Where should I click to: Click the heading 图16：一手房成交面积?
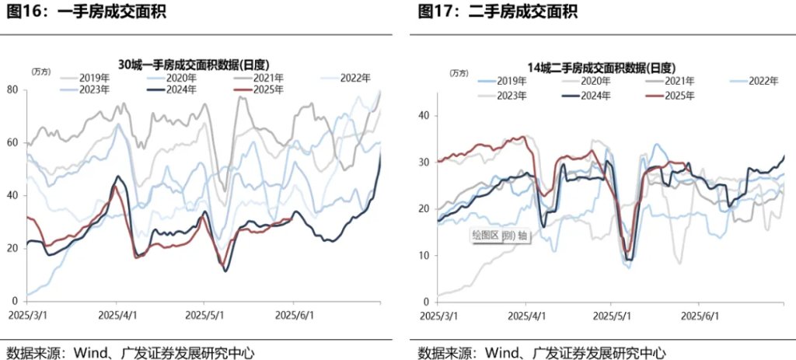point(86,12)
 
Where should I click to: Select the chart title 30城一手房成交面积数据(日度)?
point(198,65)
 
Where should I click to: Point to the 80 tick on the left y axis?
point(12,89)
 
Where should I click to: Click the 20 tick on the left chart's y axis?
point(12,248)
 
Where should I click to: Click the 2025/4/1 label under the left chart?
point(117,316)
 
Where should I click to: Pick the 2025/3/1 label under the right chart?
point(439,316)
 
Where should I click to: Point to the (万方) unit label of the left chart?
point(41,72)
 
